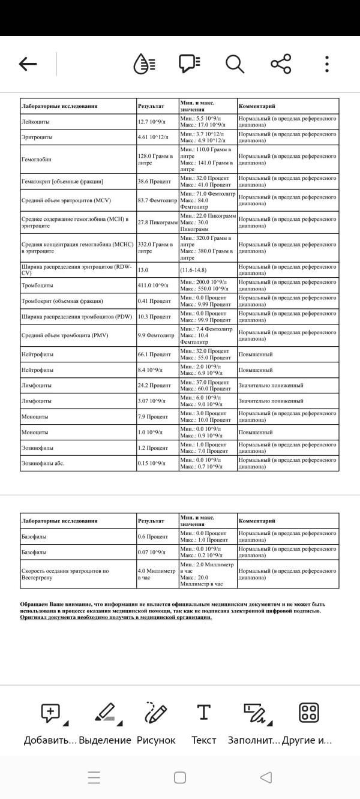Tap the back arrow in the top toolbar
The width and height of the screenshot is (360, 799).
pyautogui.click(x=28, y=64)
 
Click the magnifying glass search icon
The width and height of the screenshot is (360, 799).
pyautogui.click(x=235, y=64)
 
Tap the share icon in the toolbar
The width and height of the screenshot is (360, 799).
pyautogui.click(x=281, y=64)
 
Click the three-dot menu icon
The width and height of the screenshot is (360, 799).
pyautogui.click(x=326, y=64)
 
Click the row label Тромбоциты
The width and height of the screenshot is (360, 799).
pyautogui.click(x=37, y=286)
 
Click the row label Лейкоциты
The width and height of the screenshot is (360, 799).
pyautogui.click(x=35, y=122)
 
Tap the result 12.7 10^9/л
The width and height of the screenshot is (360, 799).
pyautogui.click(x=151, y=122)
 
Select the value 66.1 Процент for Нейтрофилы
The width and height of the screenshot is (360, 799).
pyautogui.click(x=154, y=355)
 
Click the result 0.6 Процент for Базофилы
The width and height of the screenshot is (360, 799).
pyautogui.click(x=153, y=536)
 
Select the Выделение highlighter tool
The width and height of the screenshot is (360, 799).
pyautogui.click(x=106, y=714)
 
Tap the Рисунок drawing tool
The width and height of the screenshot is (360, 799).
pyautogui.click(x=156, y=714)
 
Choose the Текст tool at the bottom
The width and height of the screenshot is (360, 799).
pyautogui.click(x=204, y=714)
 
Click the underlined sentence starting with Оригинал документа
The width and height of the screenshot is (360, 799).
pyautogui.click(x=116, y=617)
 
